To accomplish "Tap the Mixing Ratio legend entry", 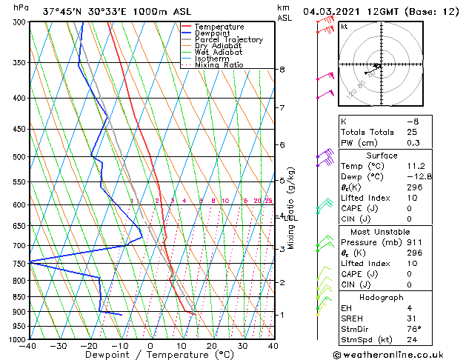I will [x=219, y=65].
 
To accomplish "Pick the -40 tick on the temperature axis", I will [x=29, y=345].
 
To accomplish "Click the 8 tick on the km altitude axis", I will [x=282, y=70].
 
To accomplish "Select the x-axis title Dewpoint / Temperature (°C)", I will [x=150, y=355].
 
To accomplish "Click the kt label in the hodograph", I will [x=344, y=27].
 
